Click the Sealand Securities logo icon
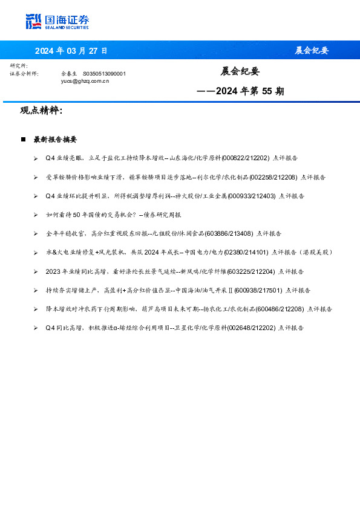(33, 21)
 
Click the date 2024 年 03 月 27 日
(71, 50)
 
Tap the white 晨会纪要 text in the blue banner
(312, 50)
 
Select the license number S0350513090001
(104, 73)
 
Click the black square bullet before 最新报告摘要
(23, 139)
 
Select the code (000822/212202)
(246, 158)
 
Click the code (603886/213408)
(229, 233)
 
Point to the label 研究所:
(18, 65)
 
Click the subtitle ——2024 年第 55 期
(240, 92)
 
